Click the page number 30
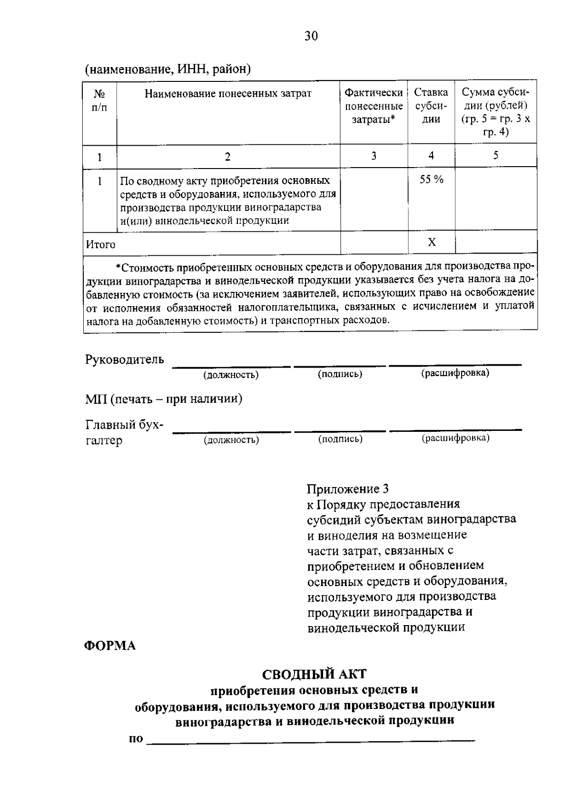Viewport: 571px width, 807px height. click(311, 36)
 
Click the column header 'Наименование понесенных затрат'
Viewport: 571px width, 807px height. click(228, 93)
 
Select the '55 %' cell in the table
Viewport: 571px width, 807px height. click(431, 180)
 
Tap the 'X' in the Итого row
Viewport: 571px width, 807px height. click(432, 242)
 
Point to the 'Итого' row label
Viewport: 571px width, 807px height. click(101, 245)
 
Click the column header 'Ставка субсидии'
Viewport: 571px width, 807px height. click(431, 106)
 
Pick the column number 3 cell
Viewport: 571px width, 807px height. click(374, 156)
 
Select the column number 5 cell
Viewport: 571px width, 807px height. click(495, 155)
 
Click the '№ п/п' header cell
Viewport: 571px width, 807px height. click(99, 100)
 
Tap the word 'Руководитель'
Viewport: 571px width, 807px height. click(125, 359)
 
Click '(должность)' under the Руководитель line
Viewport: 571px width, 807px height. click(231, 375)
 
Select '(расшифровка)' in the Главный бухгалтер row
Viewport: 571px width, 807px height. click(455, 438)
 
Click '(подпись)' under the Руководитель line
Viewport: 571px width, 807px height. click(340, 374)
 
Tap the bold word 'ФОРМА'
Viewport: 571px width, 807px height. click(110, 646)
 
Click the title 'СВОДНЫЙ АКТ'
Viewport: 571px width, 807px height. click(315, 674)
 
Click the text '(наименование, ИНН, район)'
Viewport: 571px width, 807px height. click(168, 70)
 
